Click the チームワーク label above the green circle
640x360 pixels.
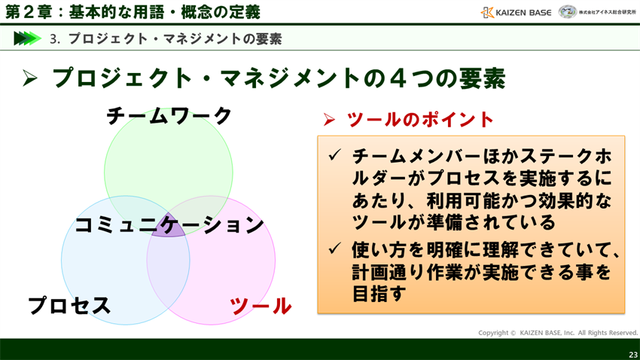click(169, 116)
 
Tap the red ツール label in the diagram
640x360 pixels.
click(261, 306)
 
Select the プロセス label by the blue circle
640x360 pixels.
click(69, 306)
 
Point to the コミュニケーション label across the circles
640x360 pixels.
click(169, 225)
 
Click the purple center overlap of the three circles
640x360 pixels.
click(169, 227)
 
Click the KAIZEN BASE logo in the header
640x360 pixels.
click(516, 12)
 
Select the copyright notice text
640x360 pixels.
click(557, 333)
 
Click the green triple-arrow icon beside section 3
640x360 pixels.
click(27, 38)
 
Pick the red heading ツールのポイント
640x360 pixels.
click(420, 120)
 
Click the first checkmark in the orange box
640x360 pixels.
click(335, 155)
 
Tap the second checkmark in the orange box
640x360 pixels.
click(335, 249)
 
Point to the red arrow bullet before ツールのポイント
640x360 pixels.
click(329, 120)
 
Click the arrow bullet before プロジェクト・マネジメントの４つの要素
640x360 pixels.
click(30, 78)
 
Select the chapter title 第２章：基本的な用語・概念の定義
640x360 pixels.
click(133, 12)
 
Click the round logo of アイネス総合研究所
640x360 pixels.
click(568, 12)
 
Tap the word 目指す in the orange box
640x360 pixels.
click(379, 293)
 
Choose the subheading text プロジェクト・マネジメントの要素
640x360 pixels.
click(175, 38)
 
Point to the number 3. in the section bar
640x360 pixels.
click(55, 38)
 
